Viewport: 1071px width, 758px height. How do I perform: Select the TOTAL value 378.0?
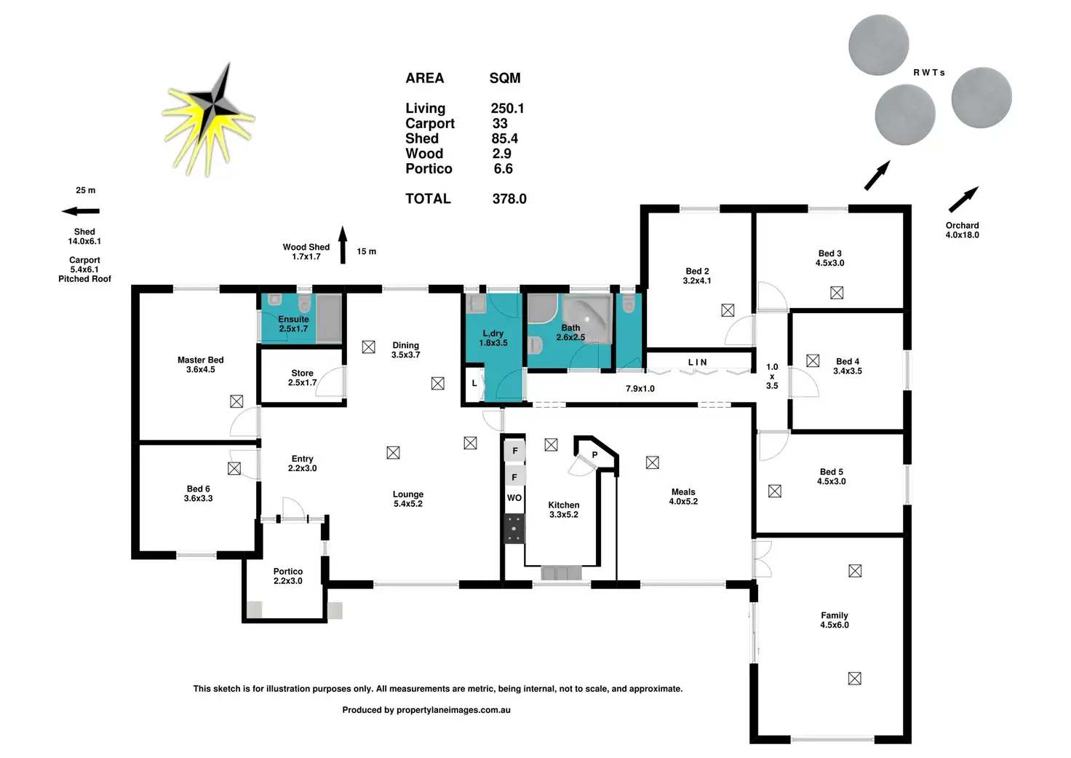point(509,199)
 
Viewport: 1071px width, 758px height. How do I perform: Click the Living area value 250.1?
point(507,108)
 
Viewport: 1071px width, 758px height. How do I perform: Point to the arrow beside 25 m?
point(80,211)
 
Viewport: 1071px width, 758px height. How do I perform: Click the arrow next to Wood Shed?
point(343,245)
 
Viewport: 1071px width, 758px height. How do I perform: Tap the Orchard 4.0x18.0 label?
point(962,230)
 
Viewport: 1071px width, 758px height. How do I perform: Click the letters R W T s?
point(928,73)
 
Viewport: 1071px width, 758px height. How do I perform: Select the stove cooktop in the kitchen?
point(514,529)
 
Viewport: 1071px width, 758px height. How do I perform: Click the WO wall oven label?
point(514,497)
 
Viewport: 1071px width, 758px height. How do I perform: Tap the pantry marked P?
point(594,455)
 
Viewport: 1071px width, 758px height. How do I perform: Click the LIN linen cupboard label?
point(697,362)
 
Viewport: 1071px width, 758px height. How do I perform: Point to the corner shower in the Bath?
point(587,318)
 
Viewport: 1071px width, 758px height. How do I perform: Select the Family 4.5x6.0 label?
point(835,620)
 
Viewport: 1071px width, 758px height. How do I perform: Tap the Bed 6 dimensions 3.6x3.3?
point(199,498)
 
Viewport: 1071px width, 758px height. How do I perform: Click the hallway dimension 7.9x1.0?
point(640,389)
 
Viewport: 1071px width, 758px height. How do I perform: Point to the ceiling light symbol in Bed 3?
point(837,293)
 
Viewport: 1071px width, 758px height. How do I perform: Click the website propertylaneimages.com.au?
point(453,710)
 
